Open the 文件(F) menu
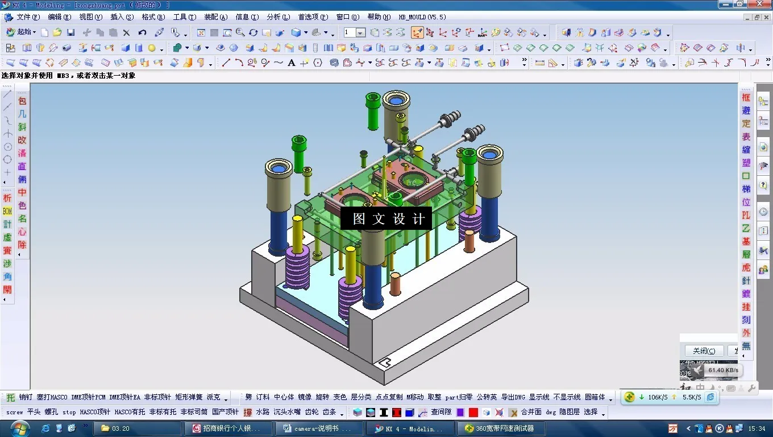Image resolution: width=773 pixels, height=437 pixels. [x=27, y=17]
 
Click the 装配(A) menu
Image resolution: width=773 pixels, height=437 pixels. [x=215, y=17]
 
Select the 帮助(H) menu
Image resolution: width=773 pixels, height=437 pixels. [x=379, y=17]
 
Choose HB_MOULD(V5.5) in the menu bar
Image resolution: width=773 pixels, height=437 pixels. [x=422, y=17]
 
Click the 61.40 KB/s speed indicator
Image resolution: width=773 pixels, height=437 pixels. [x=722, y=370]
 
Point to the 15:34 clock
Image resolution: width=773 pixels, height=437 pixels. [x=757, y=428]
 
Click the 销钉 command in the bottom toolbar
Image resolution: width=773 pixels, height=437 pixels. [x=26, y=397]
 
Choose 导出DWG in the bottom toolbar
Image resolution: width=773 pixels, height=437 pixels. [x=513, y=397]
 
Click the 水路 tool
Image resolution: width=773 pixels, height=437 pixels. [x=263, y=412]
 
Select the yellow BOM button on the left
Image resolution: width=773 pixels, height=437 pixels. [x=7, y=211]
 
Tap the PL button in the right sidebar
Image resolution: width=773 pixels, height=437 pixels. [x=746, y=216]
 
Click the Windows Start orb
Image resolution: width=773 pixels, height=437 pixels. [x=19, y=428]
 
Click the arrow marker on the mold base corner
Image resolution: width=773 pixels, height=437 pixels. [x=385, y=362]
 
